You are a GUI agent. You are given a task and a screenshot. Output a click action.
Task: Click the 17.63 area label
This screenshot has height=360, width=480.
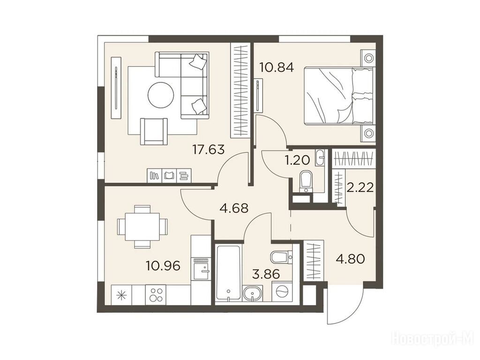coord(209,150)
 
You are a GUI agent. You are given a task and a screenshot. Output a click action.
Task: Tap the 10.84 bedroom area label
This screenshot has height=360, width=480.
coord(277,67)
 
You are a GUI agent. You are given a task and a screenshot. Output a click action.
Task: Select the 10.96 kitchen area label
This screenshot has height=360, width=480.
coord(163,266)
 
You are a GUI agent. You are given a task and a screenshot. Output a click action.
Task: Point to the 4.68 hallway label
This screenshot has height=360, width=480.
coord(234,209)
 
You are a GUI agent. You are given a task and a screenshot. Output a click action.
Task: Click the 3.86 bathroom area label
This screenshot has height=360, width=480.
coord(266,274)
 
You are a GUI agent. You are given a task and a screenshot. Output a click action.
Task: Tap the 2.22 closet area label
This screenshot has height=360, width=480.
coord(360,187)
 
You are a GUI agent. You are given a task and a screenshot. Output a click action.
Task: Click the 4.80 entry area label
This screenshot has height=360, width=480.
coord(351,259)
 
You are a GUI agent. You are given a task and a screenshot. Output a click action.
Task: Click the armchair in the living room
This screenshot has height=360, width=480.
coord(154,131)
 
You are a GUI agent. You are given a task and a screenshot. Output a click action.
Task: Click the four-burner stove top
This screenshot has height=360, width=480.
coord(156,294)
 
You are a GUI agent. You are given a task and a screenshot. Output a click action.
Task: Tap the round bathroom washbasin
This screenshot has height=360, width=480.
coord(253,294)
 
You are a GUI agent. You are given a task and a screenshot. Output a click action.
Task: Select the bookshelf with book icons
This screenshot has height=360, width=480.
coord(170,175)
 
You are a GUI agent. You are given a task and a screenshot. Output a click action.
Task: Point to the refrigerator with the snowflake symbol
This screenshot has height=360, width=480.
coord(121,295)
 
